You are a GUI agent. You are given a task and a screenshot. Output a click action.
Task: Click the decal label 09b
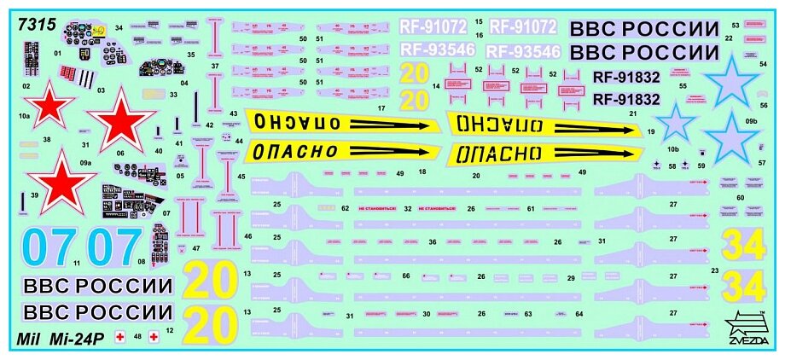(x=751, y=122)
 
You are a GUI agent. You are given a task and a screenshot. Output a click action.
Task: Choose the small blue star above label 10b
(x=678, y=122)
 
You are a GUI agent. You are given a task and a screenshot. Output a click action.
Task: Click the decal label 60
(x=741, y=198)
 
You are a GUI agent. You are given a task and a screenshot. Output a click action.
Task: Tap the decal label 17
(x=381, y=108)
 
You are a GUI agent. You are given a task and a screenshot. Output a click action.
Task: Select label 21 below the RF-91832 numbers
(x=633, y=113)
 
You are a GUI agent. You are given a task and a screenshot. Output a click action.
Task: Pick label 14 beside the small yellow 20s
(x=436, y=86)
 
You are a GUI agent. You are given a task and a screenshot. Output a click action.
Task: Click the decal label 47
(x=196, y=248)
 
